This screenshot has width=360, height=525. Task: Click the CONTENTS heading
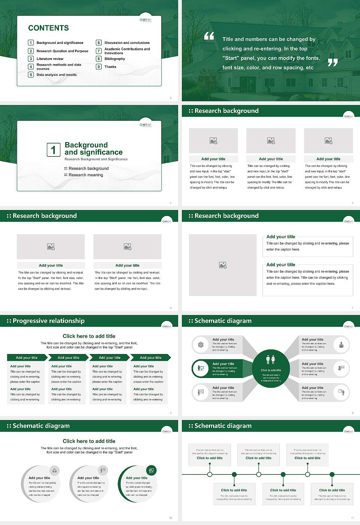coord(48,28)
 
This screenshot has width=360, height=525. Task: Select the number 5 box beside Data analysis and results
coord(31,75)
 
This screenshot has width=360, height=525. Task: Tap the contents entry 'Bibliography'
coord(115,59)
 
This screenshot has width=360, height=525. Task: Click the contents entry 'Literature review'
coord(50,59)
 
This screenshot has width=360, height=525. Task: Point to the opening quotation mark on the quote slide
coord(209,36)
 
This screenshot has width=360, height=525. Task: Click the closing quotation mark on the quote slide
coord(333,63)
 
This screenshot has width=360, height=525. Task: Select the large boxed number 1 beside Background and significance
coord(53,150)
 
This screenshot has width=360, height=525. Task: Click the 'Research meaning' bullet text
coord(85,175)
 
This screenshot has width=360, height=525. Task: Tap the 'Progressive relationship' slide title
coord(48,321)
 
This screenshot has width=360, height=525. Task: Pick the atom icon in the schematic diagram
coord(201,345)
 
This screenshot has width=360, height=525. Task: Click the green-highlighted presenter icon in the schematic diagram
coord(201,368)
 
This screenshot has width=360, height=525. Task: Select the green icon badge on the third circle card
coord(151,470)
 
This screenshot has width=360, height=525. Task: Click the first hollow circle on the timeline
coord(210,474)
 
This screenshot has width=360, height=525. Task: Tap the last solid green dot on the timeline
coord(332,474)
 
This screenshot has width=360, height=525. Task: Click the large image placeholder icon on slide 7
coord(223,265)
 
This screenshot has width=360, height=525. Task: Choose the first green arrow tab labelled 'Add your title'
coord(27,358)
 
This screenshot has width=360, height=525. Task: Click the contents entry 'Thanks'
coord(110,67)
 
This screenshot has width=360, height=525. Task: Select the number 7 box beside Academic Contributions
coord(99,51)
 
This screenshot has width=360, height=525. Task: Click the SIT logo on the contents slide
coord(145,20)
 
